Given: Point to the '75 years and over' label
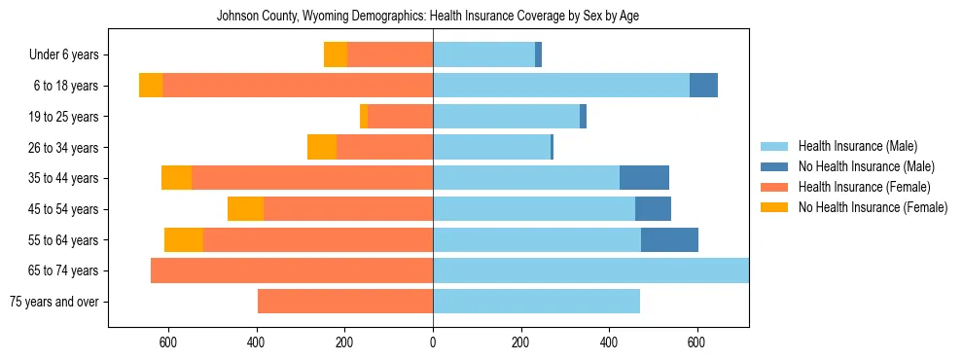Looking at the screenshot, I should tap(53, 302).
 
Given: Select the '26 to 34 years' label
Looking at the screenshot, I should tap(63, 148).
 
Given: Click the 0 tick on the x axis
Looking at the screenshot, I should tap(433, 342).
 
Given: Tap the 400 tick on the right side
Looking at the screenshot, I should tap(609, 342).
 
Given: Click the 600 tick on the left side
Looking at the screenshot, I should tap(168, 342).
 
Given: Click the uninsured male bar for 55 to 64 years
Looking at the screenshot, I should tap(669, 239).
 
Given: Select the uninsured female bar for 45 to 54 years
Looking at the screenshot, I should tap(245, 209).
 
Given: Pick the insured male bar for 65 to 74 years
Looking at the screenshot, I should tap(590, 270).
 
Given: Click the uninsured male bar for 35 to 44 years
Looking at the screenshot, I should tap(644, 178).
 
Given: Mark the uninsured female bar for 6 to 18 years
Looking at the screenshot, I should tap(151, 86).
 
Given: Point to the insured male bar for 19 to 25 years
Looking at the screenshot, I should tap(506, 117).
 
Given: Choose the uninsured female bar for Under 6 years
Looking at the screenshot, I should tap(336, 55).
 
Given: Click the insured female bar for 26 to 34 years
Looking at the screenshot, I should tap(384, 148).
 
